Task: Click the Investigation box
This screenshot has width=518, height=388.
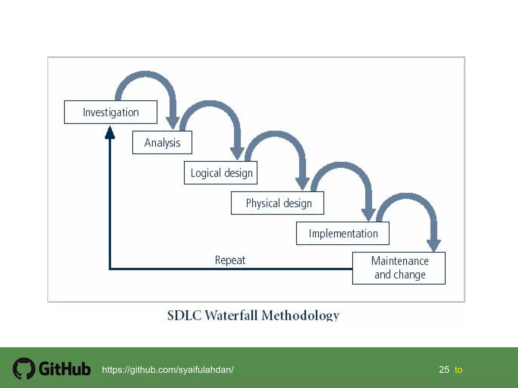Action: [x=111, y=112]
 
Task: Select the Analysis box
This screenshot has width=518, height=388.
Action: [x=162, y=142]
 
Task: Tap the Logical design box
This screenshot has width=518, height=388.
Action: [x=221, y=173]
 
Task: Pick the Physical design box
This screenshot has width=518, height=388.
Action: [x=277, y=203]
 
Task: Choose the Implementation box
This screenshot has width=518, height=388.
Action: [x=343, y=233]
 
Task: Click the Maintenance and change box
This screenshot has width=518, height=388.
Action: [x=399, y=268]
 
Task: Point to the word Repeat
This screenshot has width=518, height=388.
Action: [x=230, y=260]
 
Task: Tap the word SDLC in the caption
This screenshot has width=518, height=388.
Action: [x=184, y=316]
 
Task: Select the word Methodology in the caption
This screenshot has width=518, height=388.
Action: [x=300, y=316]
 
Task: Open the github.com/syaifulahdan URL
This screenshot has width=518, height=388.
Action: [x=168, y=370]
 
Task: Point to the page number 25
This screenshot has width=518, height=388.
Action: [x=444, y=370]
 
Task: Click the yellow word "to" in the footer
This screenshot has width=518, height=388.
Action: [x=458, y=370]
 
